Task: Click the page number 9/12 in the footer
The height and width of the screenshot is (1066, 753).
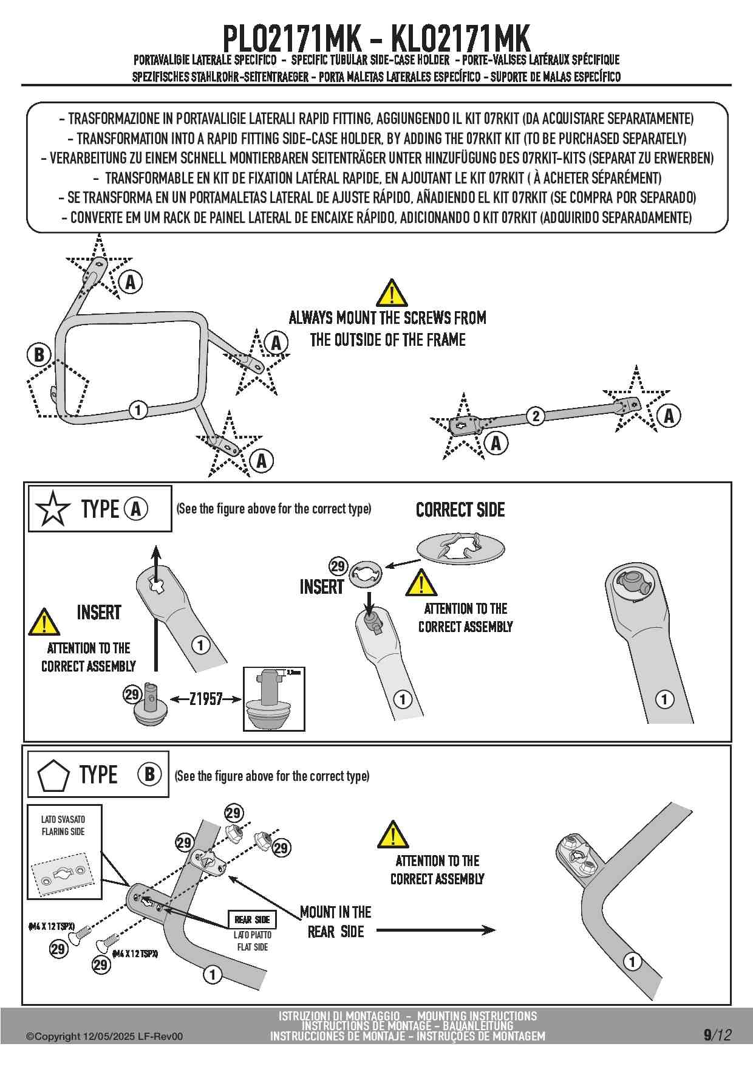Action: pyautogui.click(x=717, y=1034)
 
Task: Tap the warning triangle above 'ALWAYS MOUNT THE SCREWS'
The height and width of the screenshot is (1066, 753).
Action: pyautogui.click(x=392, y=294)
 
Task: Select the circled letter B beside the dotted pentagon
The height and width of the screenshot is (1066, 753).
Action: pyautogui.click(x=39, y=354)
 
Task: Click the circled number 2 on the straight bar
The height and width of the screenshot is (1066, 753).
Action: pyautogui.click(x=535, y=416)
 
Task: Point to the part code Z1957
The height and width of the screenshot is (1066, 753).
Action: pyautogui.click(x=206, y=699)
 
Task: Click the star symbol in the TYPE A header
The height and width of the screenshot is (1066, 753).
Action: pyautogui.click(x=53, y=509)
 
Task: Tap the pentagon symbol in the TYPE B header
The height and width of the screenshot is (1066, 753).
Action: pyautogui.click(x=53, y=775)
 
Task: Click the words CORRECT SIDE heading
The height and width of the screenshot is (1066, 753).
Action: pyautogui.click(x=460, y=510)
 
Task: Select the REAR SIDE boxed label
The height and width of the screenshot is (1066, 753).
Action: pyautogui.click(x=252, y=920)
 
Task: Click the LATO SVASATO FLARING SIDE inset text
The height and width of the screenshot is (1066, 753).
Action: pyautogui.click(x=63, y=825)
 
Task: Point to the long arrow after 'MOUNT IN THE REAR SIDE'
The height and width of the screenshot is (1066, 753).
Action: pyautogui.click(x=435, y=930)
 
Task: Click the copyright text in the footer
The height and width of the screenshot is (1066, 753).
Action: pyautogui.click(x=104, y=1036)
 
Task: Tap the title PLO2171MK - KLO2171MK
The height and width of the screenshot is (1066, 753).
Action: pyautogui.click(x=376, y=38)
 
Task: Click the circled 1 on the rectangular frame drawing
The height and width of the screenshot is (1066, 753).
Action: pyautogui.click(x=138, y=410)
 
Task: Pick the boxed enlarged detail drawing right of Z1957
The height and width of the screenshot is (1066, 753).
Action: pyautogui.click(x=274, y=699)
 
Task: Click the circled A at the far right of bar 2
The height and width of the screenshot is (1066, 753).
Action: pyautogui.click(x=669, y=416)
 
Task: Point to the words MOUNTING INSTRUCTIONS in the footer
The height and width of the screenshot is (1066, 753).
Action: pyautogui.click(x=477, y=1016)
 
